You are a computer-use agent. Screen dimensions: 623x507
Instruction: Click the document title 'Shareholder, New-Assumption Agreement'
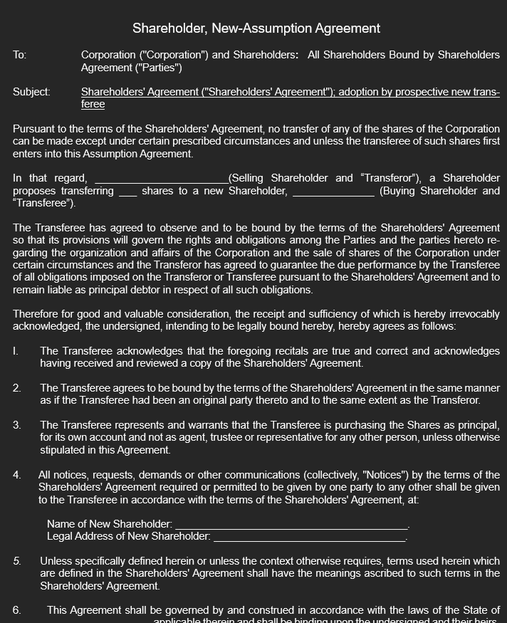tap(256, 28)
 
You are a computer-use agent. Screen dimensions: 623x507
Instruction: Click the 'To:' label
tap(19, 55)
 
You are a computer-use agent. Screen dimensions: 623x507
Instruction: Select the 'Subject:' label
tap(31, 92)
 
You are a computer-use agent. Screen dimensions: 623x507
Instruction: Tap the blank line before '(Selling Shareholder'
tap(161, 179)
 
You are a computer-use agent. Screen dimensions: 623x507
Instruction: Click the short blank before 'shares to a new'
tap(127, 192)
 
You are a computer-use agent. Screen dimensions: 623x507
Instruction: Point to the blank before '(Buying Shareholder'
tap(333, 192)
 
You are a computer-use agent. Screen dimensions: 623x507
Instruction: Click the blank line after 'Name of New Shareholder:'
tap(292, 525)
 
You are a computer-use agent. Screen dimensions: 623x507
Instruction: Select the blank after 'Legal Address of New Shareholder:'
tap(310, 537)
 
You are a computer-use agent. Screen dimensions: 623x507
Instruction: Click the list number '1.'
tap(16, 351)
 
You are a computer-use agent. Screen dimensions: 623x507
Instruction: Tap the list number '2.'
tap(16, 388)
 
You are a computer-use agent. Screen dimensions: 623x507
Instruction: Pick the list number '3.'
tap(16, 425)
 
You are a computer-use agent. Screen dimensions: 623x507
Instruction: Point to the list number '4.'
tap(16, 475)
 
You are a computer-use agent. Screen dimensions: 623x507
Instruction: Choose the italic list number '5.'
tap(16, 561)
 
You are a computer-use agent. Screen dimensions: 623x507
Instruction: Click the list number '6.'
tap(16, 610)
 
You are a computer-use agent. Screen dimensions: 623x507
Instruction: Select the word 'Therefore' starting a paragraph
tap(38, 314)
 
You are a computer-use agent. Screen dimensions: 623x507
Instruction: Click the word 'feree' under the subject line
tap(93, 104)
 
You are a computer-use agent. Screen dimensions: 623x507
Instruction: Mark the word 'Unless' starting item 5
tap(56, 561)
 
